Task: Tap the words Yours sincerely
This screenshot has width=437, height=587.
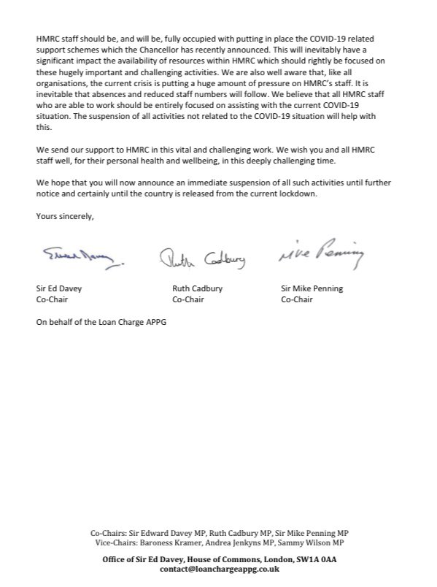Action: (x=64, y=216)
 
